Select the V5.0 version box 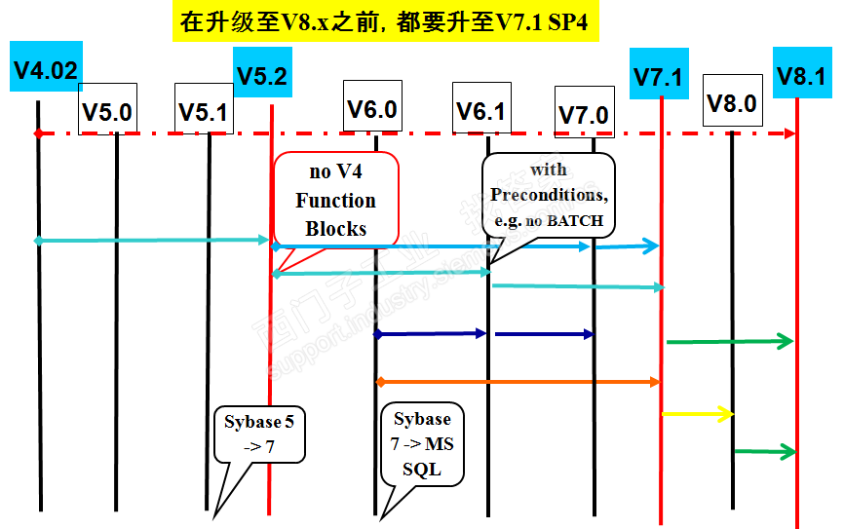point(107,109)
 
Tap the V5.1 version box point(203,109)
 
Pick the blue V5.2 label point(262,74)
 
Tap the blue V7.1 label point(658,74)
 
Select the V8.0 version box point(732,100)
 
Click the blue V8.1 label point(801,74)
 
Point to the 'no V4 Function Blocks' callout point(336,200)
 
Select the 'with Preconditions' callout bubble point(549,195)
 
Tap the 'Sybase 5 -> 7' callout point(259,435)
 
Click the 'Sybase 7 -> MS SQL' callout point(422,444)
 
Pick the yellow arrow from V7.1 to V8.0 point(697,414)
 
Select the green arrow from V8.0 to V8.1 point(765,451)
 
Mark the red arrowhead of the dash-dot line point(790,132)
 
